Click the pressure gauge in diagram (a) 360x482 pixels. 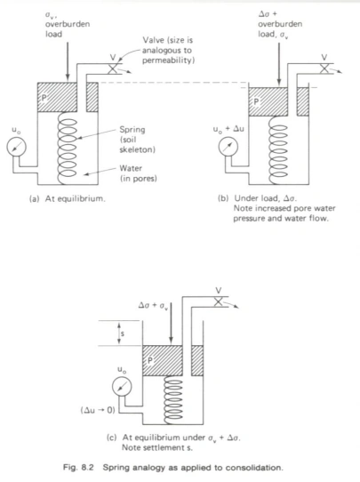(17, 147)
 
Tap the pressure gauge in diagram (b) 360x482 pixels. (228, 147)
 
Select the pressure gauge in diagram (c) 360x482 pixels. (122, 387)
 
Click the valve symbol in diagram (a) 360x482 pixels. (113, 69)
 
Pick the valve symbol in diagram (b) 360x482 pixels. (324, 68)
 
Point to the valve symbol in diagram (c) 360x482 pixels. (218, 301)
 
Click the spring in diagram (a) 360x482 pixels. (68, 149)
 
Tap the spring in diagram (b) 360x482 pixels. (278, 150)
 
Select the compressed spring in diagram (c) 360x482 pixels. (173, 400)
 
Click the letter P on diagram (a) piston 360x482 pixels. (44, 98)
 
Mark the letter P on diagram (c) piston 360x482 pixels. (150, 360)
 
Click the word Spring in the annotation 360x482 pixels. (132, 130)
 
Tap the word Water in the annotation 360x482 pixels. (131, 168)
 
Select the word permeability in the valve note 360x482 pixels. (168, 60)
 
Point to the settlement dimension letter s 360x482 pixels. (123, 333)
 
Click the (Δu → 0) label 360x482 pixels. (98, 410)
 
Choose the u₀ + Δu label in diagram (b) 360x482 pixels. (228, 129)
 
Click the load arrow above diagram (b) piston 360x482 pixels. (279, 64)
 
